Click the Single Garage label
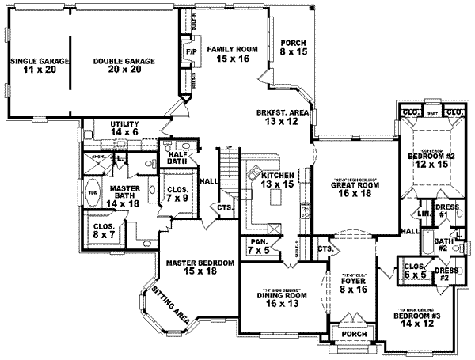click(38, 65)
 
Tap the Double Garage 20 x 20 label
click(123, 65)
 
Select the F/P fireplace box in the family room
click(190, 53)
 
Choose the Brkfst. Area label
click(276, 117)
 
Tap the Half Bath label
click(177, 157)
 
